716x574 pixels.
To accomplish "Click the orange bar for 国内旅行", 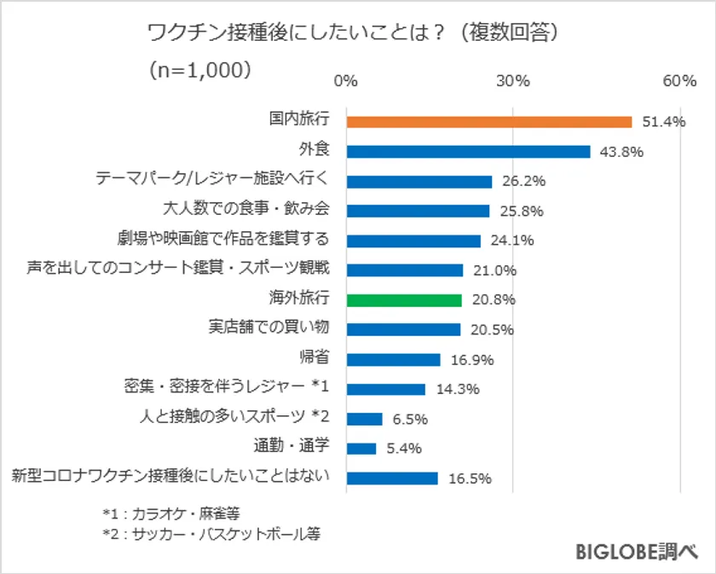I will click(x=488, y=122).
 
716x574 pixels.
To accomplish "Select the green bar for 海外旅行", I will click(x=404, y=300).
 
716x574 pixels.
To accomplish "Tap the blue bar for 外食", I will click(x=468, y=152).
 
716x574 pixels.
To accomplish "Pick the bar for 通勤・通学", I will click(x=361, y=449).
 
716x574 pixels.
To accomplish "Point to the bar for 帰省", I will click(x=393, y=360).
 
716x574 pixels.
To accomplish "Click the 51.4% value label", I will click(x=664, y=122).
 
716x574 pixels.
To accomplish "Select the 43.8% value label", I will click(x=621, y=152).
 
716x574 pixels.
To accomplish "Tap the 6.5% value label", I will click(x=410, y=419).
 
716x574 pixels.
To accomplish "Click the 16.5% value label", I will click(x=470, y=478).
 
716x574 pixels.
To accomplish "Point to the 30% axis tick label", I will click(x=513, y=81).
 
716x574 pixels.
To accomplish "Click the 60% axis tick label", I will click(x=679, y=81).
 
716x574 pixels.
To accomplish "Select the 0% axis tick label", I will click(x=346, y=81).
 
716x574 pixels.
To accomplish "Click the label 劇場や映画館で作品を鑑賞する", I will click(x=222, y=241).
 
